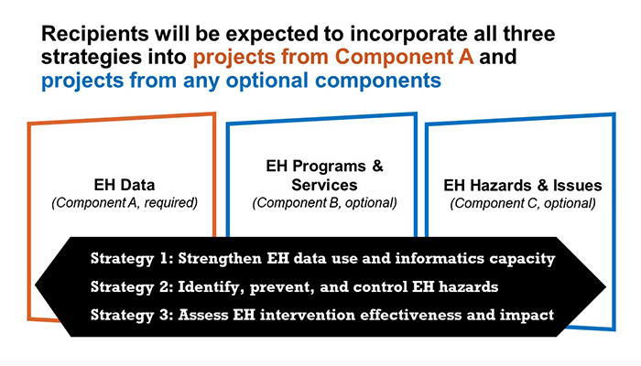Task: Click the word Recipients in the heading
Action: coord(95,35)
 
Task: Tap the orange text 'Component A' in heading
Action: coord(405,57)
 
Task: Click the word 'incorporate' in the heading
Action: coord(408,35)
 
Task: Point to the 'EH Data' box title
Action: coord(125,185)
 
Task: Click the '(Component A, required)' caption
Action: coord(125,203)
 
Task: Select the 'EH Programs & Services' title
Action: coord(324,176)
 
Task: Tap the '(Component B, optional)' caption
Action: coord(324,203)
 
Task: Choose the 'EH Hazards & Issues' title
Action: coord(523,186)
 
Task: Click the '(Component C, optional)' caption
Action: coord(523,203)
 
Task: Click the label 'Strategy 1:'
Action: coord(132,259)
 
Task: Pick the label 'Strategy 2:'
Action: coord(132,287)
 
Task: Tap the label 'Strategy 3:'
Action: coord(132,316)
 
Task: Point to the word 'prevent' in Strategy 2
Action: coord(282,287)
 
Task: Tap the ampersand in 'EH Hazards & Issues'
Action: coord(542,186)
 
